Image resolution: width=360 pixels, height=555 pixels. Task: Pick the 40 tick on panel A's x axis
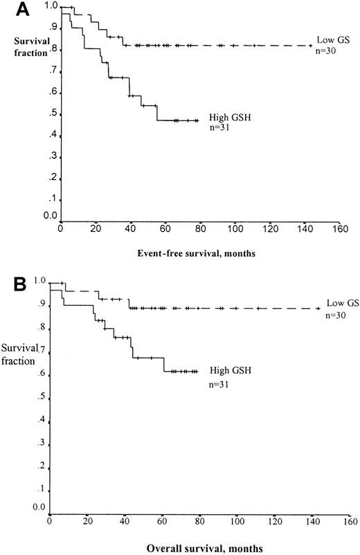(131, 230)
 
